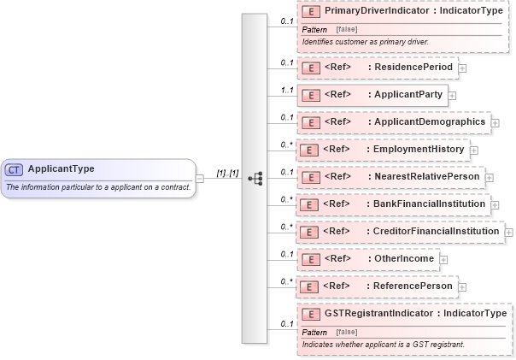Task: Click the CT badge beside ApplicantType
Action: click(x=15, y=169)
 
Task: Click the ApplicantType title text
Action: click(x=61, y=169)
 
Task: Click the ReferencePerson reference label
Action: click(x=410, y=286)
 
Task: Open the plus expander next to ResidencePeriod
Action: click(x=462, y=68)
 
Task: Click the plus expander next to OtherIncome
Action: click(x=443, y=259)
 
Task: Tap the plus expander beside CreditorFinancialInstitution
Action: click(x=509, y=232)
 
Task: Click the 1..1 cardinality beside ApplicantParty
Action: click(x=288, y=89)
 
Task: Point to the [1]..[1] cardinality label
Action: click(x=226, y=173)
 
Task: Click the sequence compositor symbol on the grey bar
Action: click(x=254, y=179)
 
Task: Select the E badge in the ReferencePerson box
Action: click(x=312, y=286)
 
